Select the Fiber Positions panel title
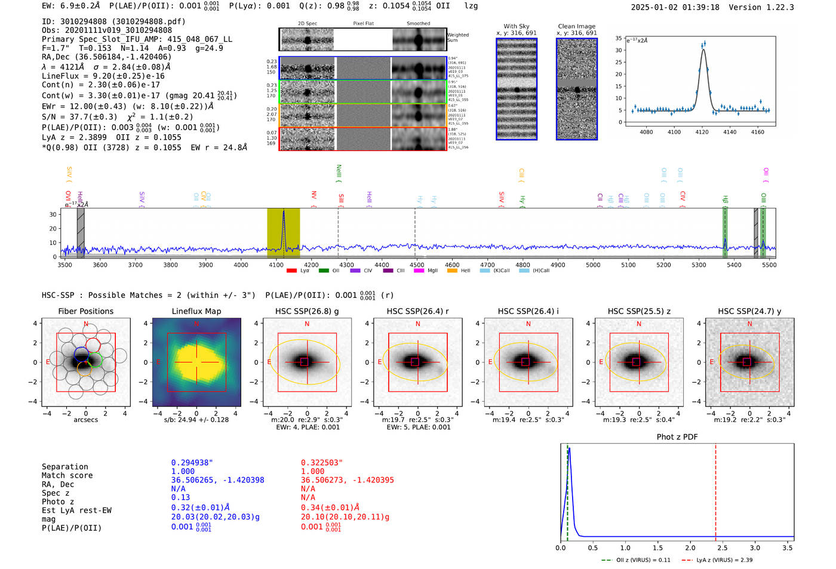click(85, 311)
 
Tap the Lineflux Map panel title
click(196, 311)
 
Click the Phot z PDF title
click(677, 437)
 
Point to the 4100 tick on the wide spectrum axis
click(276, 264)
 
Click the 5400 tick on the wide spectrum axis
click(734, 264)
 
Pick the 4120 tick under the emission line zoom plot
click(702, 132)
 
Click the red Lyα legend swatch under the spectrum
click(291, 270)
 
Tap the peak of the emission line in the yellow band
click(284, 211)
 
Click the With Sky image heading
click(517, 26)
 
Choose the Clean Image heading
click(576, 26)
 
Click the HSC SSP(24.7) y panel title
click(749, 311)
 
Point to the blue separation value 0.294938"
click(192, 463)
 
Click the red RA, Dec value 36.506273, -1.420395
click(347, 480)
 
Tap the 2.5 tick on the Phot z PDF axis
click(722, 548)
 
